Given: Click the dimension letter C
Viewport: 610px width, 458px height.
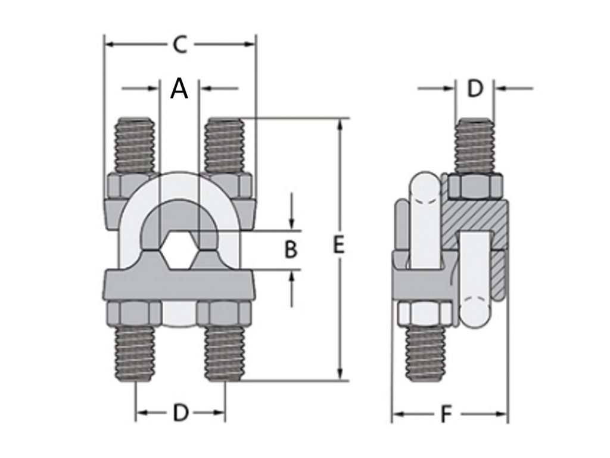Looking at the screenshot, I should [179, 44].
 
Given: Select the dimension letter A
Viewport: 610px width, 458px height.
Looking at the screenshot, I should [179, 89].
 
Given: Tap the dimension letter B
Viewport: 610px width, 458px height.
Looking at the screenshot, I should [290, 250].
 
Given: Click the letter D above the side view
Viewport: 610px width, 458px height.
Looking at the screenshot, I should [474, 89].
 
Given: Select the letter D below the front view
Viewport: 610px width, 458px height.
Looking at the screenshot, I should [180, 412].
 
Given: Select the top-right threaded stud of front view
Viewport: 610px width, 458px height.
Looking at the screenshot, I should [224, 146].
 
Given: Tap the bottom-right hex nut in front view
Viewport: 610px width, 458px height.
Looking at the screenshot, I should [224, 314].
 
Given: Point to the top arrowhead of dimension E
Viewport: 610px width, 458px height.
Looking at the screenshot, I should [340, 123].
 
